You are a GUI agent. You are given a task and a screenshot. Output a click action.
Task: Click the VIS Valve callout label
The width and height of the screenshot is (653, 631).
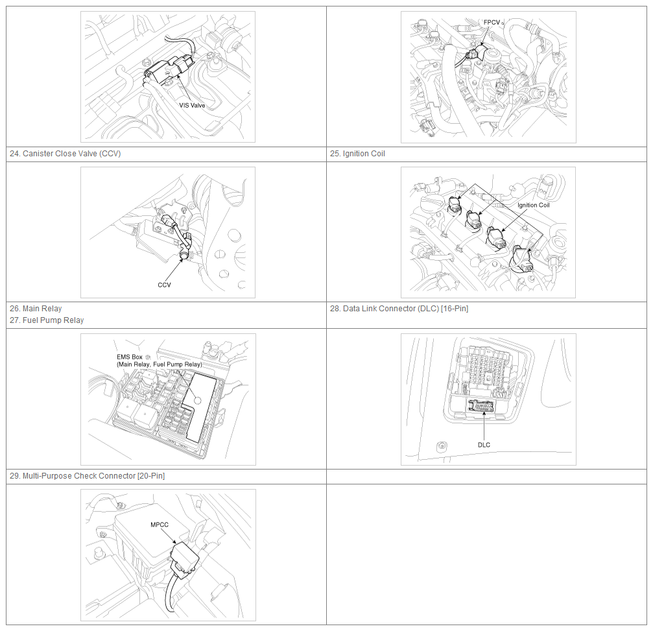click(192, 105)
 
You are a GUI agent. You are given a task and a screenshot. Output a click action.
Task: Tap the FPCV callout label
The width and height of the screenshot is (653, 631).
click(492, 23)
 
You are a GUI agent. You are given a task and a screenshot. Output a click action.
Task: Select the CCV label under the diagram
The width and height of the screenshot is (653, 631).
click(164, 285)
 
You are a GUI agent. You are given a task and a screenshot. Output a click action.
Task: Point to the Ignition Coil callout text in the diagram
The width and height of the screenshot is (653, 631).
click(534, 205)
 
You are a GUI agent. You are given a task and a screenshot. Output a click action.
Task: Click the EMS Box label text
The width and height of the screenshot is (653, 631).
click(130, 357)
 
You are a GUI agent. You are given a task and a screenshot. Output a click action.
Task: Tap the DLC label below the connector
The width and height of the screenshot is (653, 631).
click(484, 445)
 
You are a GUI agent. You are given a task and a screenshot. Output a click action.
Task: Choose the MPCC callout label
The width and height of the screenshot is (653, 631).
click(160, 525)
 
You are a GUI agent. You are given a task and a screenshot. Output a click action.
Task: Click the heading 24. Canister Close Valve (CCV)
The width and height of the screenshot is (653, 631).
click(65, 154)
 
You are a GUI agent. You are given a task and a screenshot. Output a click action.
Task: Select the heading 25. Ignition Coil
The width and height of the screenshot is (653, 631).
click(357, 154)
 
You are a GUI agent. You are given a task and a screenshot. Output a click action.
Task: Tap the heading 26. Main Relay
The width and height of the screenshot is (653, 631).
click(36, 309)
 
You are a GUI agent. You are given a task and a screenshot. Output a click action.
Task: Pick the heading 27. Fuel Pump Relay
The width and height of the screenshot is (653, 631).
click(47, 320)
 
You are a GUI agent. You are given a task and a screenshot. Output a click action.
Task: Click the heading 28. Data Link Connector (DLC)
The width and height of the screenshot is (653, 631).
click(399, 309)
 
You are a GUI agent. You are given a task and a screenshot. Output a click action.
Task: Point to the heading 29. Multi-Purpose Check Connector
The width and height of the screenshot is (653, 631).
click(87, 475)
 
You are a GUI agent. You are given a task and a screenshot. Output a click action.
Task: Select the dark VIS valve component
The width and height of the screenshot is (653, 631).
click(169, 70)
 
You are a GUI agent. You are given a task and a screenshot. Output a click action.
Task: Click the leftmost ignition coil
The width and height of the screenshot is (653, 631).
click(455, 204)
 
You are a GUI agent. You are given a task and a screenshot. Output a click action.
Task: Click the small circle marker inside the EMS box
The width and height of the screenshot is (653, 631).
click(197, 401)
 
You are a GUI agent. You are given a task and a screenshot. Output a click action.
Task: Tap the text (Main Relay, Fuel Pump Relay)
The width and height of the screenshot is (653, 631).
click(160, 364)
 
